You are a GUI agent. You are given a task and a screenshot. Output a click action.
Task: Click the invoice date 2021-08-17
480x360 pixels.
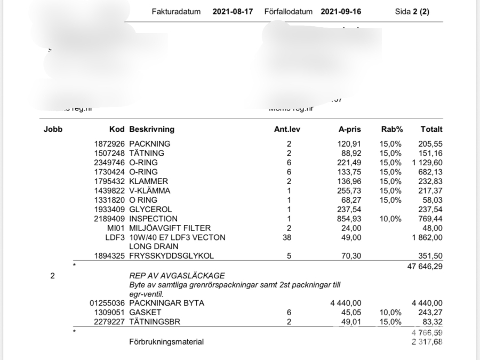233,12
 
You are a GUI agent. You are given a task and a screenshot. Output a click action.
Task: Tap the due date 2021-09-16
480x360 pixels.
341,12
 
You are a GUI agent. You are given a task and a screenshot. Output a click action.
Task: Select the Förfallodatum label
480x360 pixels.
288,12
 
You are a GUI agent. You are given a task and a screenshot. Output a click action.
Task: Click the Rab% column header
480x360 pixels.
391,129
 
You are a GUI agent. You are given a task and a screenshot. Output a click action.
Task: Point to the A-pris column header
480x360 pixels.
350,129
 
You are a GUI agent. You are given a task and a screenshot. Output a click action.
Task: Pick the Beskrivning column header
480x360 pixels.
151,129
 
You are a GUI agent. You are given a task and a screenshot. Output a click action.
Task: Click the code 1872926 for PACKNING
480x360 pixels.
109,144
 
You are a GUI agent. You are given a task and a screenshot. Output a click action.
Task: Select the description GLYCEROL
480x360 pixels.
150,210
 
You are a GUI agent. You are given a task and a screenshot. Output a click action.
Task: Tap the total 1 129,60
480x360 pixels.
427,163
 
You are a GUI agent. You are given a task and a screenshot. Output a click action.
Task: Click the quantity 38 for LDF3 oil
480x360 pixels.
289,237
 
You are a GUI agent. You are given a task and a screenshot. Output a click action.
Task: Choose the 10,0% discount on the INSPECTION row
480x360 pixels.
391,219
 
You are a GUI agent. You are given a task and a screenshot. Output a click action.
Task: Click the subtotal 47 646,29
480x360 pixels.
425,265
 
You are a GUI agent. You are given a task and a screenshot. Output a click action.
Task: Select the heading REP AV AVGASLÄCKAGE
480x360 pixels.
177,276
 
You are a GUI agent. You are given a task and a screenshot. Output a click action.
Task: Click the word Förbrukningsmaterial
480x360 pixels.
166,342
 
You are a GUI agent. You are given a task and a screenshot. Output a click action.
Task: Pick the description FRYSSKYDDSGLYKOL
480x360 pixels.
171,256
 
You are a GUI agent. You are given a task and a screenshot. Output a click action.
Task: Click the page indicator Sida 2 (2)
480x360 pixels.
412,12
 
